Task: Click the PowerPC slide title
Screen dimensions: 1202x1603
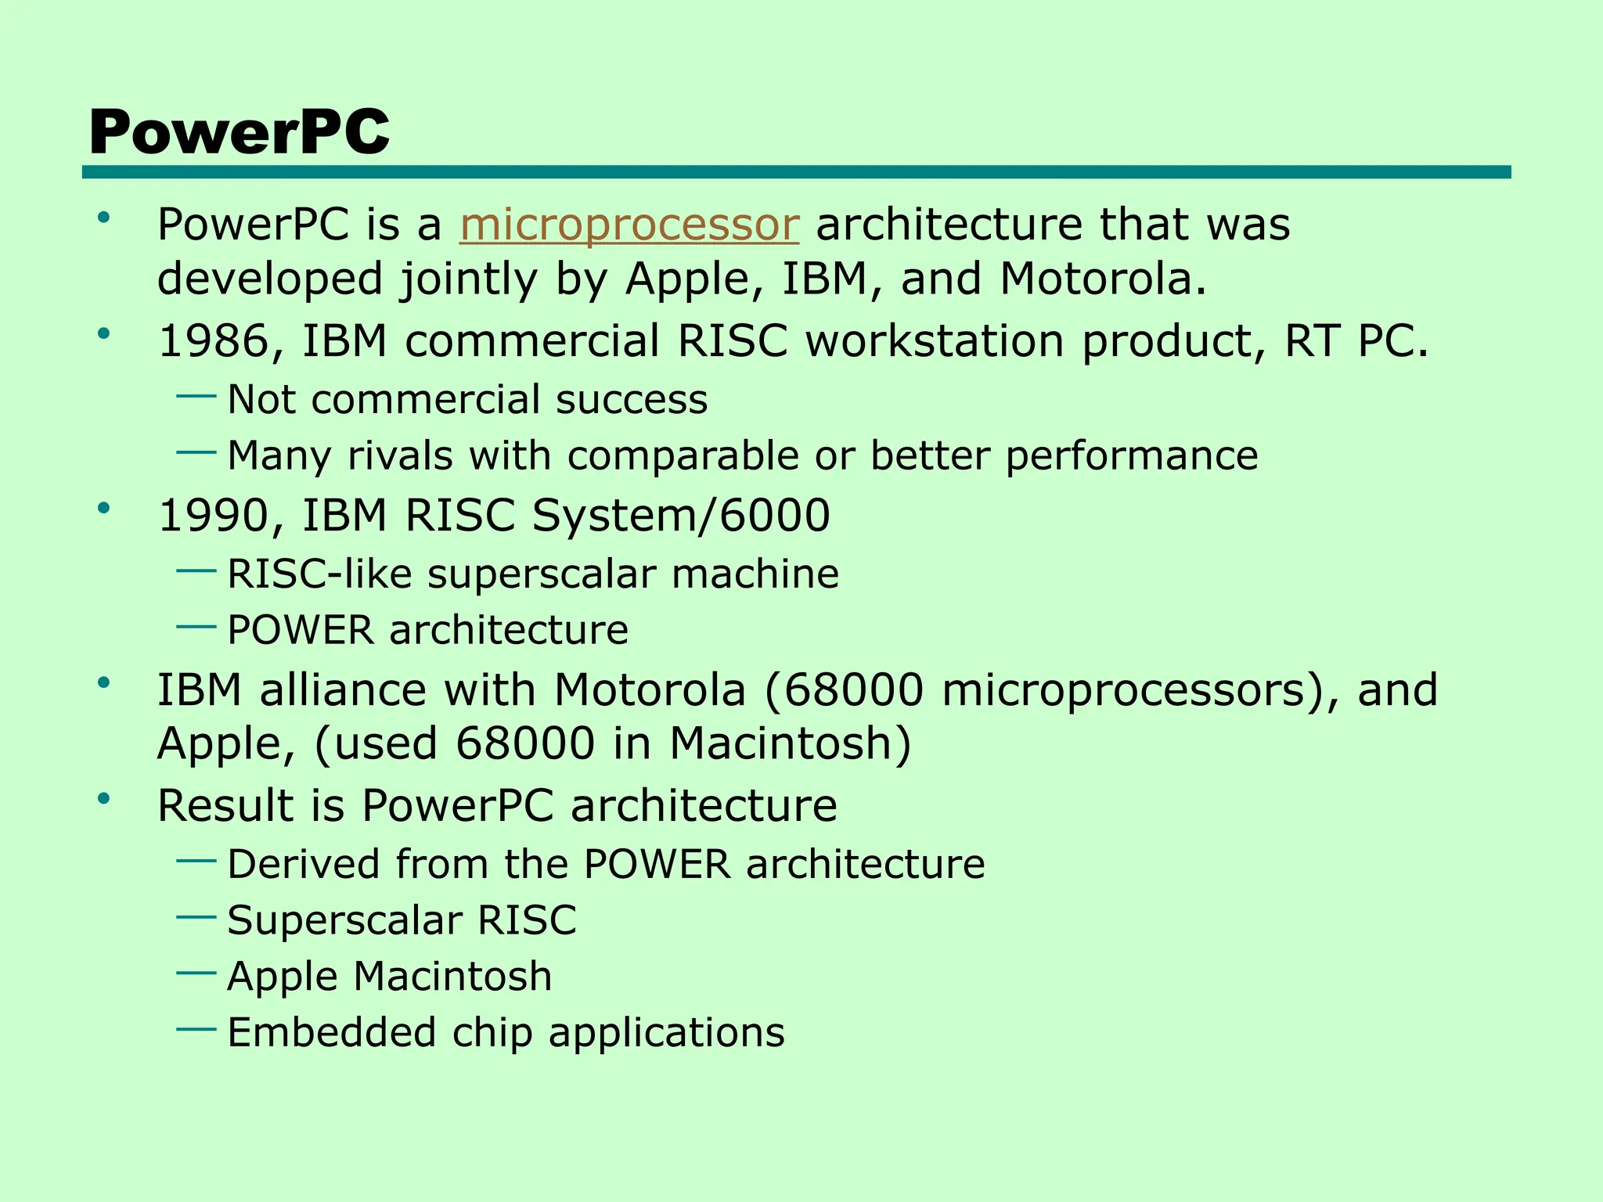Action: pyautogui.click(x=239, y=131)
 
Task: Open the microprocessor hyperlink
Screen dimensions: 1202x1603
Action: pyautogui.click(x=629, y=225)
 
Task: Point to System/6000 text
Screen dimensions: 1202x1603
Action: pyautogui.click(x=680, y=516)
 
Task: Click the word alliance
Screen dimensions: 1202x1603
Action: pyautogui.click(x=343, y=690)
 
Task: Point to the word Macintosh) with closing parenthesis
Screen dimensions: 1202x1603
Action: pyautogui.click(x=791, y=743)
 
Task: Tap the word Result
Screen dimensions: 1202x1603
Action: pyautogui.click(x=225, y=805)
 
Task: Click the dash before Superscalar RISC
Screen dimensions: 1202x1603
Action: pyautogui.click(x=196, y=916)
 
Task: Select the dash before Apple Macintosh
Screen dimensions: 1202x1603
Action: pyautogui.click(x=196, y=973)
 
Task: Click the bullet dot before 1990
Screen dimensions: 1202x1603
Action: pyautogui.click(x=103, y=509)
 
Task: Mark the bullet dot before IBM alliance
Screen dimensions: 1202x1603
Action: pyautogui.click(x=103, y=683)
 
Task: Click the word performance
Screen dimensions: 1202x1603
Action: pyautogui.click(x=1131, y=455)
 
